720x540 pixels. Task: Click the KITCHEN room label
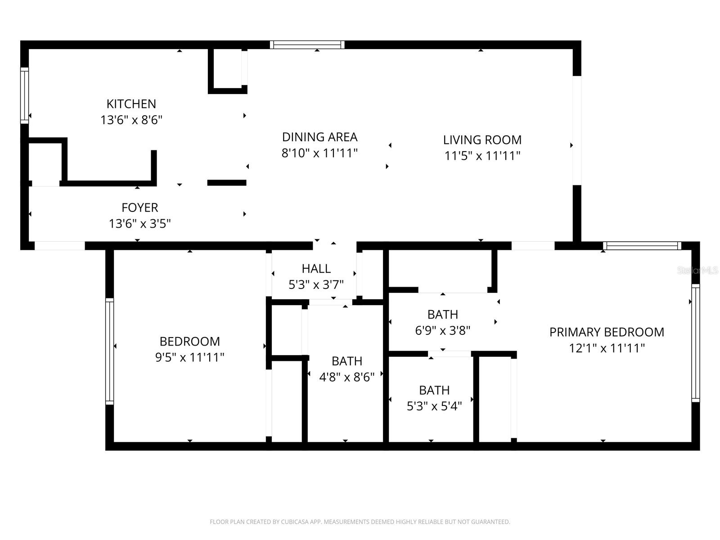131,104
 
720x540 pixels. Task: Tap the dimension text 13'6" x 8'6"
131,120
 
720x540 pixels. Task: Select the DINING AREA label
319,137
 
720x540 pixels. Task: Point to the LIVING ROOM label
482,140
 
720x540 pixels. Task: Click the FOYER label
139,207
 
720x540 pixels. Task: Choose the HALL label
316,269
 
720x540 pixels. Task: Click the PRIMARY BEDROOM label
607,332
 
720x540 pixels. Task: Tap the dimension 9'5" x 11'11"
189,357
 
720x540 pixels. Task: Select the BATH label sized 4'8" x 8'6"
346,361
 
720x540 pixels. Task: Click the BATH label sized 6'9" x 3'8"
442,314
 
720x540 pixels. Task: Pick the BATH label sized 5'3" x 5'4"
434,390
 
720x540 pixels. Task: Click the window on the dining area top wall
307,45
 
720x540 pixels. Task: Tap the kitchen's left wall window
24,95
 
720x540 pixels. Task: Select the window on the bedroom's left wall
109,351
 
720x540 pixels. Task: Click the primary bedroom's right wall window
695,343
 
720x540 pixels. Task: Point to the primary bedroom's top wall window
642,246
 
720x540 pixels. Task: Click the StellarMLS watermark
697,270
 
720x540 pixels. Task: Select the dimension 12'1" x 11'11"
607,348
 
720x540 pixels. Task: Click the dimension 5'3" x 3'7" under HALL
316,284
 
